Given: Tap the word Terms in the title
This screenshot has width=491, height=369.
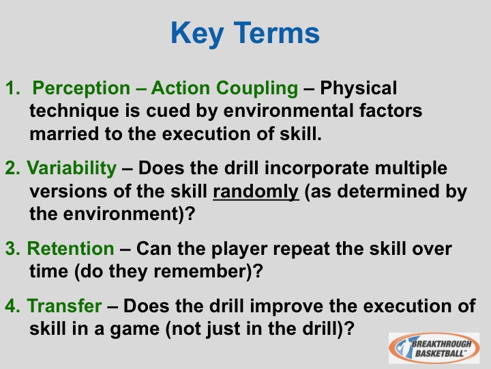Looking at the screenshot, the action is [277, 33].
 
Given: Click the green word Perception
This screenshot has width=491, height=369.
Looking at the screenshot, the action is [81, 89].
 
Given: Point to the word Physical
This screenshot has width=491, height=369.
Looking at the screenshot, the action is [358, 89].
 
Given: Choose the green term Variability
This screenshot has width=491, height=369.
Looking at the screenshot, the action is [72, 169].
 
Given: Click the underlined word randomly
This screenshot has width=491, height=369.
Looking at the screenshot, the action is [256, 192].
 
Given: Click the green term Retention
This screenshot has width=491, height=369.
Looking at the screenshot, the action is [70, 249].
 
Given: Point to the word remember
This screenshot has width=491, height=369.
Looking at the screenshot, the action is [200, 271].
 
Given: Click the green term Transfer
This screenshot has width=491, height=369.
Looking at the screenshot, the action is [65, 305].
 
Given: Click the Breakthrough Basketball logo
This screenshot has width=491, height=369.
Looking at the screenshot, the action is [434, 348].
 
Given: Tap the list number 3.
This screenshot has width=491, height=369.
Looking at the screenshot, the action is [12, 249].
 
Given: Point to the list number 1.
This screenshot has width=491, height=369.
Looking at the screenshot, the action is [12, 88].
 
